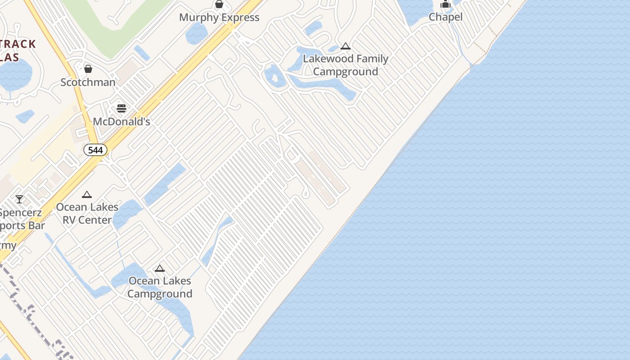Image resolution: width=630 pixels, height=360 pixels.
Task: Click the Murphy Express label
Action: [x=219, y=18]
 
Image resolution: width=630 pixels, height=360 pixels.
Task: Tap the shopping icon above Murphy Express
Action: [x=219, y=4]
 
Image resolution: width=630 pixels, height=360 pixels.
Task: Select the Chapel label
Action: [x=445, y=17]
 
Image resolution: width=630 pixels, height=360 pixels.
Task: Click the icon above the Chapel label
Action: [x=445, y=4]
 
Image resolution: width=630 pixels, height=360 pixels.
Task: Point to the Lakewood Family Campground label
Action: [x=346, y=65]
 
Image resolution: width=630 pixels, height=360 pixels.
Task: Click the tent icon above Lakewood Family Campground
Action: [x=346, y=46]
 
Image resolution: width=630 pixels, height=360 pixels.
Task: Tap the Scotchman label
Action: [x=88, y=82]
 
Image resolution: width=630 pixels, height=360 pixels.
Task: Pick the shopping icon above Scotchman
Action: [x=88, y=69]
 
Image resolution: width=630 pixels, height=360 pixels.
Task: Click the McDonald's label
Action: [x=121, y=121]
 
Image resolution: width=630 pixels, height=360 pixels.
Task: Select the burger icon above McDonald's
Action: [x=121, y=108]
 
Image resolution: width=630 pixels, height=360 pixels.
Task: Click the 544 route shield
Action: [x=95, y=150]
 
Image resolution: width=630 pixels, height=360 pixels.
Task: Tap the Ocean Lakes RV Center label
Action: [x=87, y=214]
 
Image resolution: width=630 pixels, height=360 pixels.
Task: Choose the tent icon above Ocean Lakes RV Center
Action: [x=87, y=195]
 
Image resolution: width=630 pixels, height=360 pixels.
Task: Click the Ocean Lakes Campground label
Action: [x=160, y=287]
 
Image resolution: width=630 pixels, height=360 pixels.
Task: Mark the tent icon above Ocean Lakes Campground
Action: [x=160, y=269]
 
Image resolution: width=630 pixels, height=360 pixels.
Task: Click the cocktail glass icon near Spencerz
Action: [x=19, y=199]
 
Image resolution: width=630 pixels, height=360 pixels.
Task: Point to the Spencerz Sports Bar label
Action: [x=22, y=219]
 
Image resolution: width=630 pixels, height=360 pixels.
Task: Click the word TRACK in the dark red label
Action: [x=18, y=44]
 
